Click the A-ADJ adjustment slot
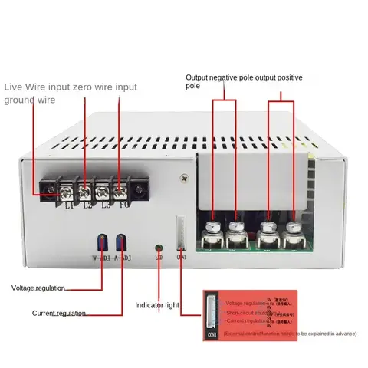point(120,242)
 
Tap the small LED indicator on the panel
point(159,248)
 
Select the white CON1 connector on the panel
point(182,230)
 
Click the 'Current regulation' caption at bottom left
point(59,313)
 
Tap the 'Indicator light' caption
point(157,305)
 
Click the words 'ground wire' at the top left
point(29,100)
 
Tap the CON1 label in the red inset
point(212,335)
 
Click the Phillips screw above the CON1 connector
point(185,178)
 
